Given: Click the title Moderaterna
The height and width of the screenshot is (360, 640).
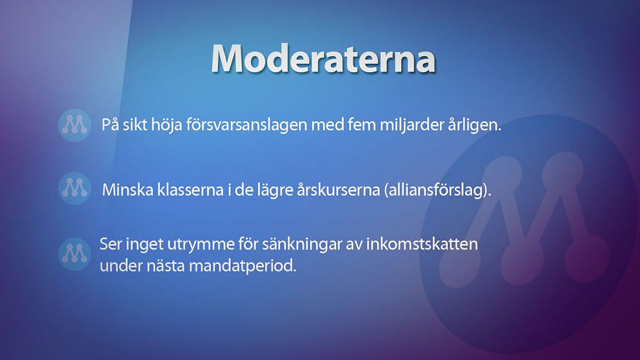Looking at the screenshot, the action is [x=323, y=58].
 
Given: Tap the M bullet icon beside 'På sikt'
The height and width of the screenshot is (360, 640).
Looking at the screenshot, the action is [x=74, y=125].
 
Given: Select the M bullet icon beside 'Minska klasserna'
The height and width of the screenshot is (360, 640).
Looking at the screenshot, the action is [x=74, y=188].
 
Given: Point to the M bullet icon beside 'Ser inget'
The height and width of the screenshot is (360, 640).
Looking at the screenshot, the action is [x=74, y=254].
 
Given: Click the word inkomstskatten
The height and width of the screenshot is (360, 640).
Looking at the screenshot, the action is [x=422, y=244].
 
